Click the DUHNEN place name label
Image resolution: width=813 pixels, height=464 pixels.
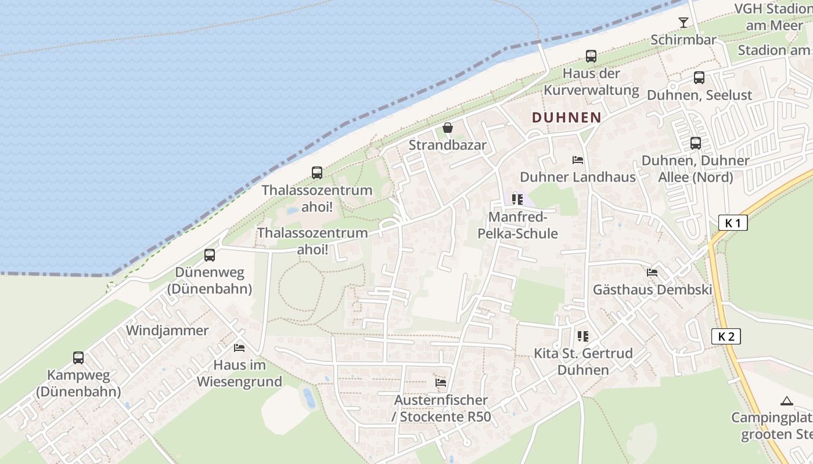tap(566, 117)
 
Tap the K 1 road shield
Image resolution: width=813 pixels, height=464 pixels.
tap(733, 223)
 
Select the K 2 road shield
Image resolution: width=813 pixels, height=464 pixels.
tap(726, 336)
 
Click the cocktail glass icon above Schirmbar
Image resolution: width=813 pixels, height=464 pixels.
tap(683, 23)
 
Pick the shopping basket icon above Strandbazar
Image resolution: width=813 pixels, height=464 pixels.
tap(448, 128)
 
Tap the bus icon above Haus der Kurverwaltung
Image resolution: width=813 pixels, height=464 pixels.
tap(591, 56)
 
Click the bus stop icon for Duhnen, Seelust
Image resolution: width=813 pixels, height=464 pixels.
tap(699, 78)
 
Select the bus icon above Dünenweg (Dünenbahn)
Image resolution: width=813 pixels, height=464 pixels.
tap(210, 255)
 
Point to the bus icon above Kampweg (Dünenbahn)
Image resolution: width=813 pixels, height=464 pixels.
tap(78, 358)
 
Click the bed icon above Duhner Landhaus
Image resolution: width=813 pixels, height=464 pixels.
tap(578, 160)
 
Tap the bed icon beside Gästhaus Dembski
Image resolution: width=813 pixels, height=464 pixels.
tap(652, 272)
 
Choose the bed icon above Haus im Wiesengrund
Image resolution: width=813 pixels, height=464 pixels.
tap(239, 348)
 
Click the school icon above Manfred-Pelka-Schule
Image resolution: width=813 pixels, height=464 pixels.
tap(517, 200)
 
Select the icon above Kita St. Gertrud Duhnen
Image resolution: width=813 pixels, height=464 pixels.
tap(583, 336)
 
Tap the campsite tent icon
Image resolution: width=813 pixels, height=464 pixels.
tap(787, 401)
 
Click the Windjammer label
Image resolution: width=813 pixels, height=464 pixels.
tap(167, 331)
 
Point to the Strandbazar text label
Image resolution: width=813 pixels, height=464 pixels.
tap(447, 145)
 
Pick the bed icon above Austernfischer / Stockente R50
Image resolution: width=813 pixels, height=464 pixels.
tap(441, 383)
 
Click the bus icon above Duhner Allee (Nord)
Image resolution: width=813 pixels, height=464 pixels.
tap(696, 143)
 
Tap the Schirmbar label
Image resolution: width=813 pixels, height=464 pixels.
tap(684, 40)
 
